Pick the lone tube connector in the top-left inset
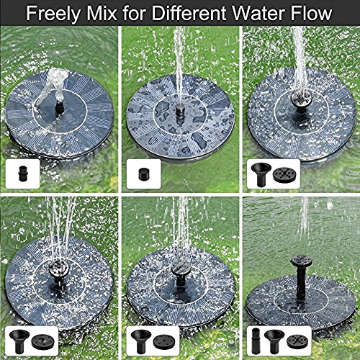point(18,173)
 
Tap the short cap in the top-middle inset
point(138,173)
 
